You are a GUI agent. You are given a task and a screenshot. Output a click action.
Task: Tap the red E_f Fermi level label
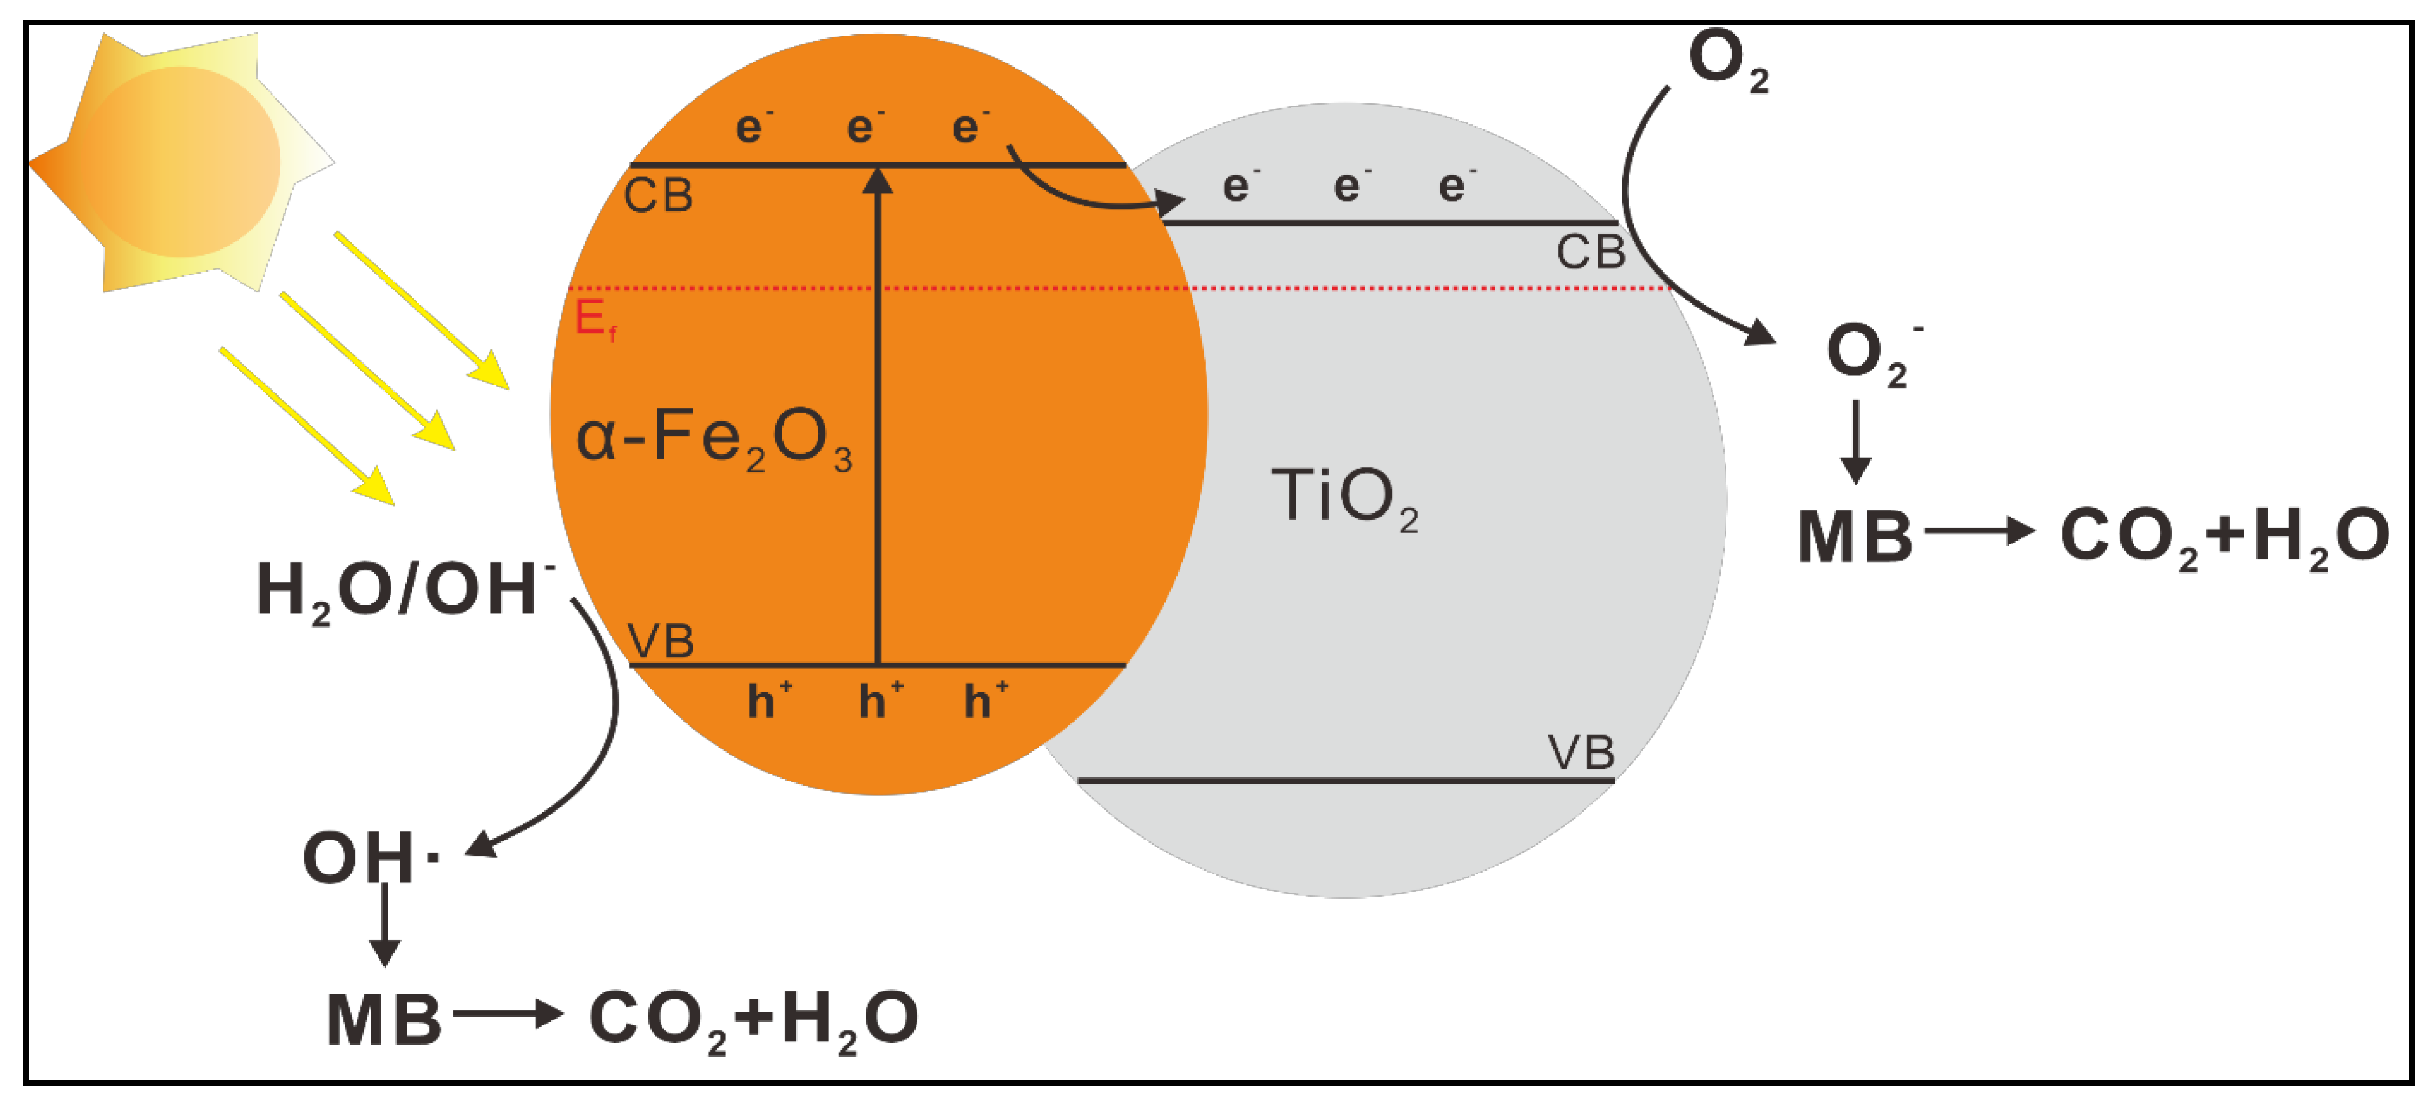point(595,319)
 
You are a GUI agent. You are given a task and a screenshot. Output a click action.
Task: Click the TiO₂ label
point(1344,499)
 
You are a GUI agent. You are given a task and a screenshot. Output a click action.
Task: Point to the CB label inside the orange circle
point(658,197)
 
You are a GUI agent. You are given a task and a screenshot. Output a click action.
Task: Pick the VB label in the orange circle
point(661,642)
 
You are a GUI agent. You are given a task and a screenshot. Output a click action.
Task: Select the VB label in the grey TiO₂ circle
point(1581,753)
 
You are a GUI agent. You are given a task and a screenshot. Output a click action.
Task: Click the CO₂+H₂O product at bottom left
point(753,1020)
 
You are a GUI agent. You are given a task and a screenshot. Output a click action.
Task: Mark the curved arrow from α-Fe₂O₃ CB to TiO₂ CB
point(1086,189)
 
